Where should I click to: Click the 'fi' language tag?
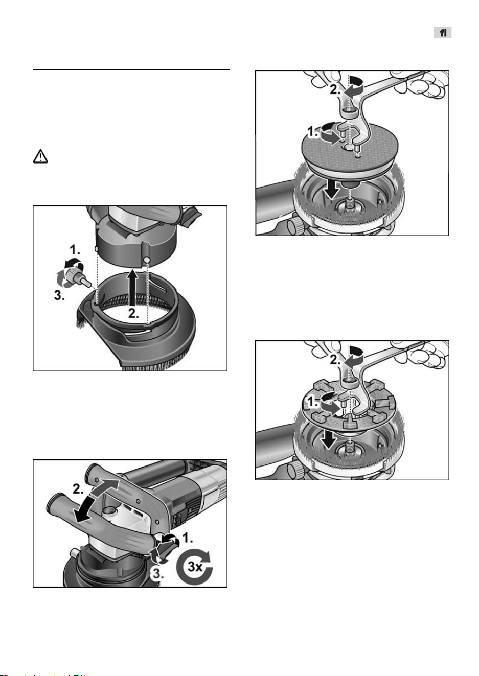tap(443, 33)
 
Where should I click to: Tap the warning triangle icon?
tap(40, 156)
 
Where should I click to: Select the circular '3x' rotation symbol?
tap(194, 567)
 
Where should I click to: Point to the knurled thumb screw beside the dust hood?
tap(77, 273)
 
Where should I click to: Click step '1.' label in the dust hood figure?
tap(75, 250)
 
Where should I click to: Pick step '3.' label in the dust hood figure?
tap(59, 296)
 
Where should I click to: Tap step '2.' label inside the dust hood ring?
tap(133, 314)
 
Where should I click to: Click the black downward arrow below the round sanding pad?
tap(332, 189)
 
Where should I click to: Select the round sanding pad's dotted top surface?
tap(350, 150)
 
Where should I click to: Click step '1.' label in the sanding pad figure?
tap(313, 132)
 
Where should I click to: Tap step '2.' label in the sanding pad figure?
tap(335, 89)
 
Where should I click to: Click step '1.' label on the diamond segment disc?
tap(313, 402)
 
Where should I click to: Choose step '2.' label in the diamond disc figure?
tap(335, 360)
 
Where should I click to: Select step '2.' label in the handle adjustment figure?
tap(79, 489)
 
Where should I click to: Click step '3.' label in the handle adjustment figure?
tap(157, 573)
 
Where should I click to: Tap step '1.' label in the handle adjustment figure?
tap(188, 538)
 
